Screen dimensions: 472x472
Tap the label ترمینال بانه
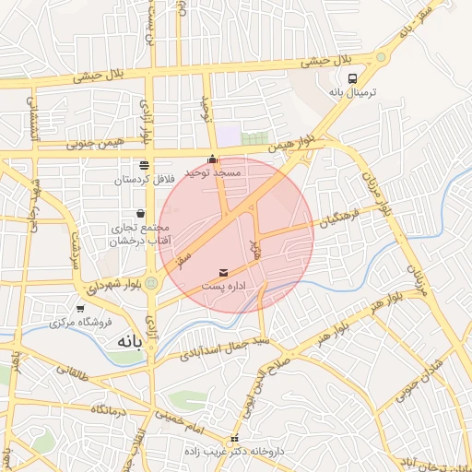[354, 94]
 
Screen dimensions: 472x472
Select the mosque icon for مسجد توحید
[214, 159]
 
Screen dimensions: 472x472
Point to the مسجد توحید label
[214, 172]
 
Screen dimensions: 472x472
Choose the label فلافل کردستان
[144, 180]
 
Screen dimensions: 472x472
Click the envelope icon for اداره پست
[224, 273]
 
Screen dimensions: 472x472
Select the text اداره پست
[224, 287]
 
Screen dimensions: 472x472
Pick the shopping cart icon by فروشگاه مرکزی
[80, 309]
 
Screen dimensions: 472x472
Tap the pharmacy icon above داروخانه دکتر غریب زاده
[235, 439]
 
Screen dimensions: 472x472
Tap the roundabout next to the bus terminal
[380, 57]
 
